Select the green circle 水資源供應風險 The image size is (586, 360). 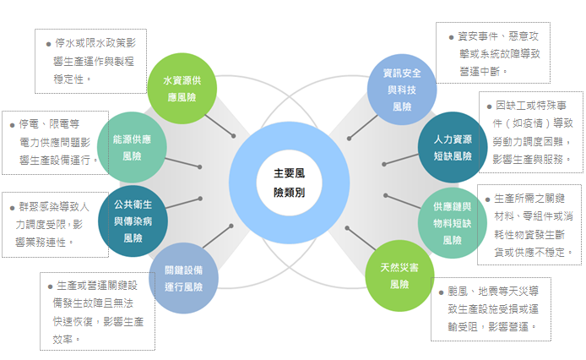point(182,88)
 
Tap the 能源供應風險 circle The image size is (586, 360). point(133,147)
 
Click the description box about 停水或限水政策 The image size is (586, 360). point(90,60)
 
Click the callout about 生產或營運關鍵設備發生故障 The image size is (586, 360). point(97,311)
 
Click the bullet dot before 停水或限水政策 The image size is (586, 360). point(48,41)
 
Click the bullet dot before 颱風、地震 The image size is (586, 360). point(442,292)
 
